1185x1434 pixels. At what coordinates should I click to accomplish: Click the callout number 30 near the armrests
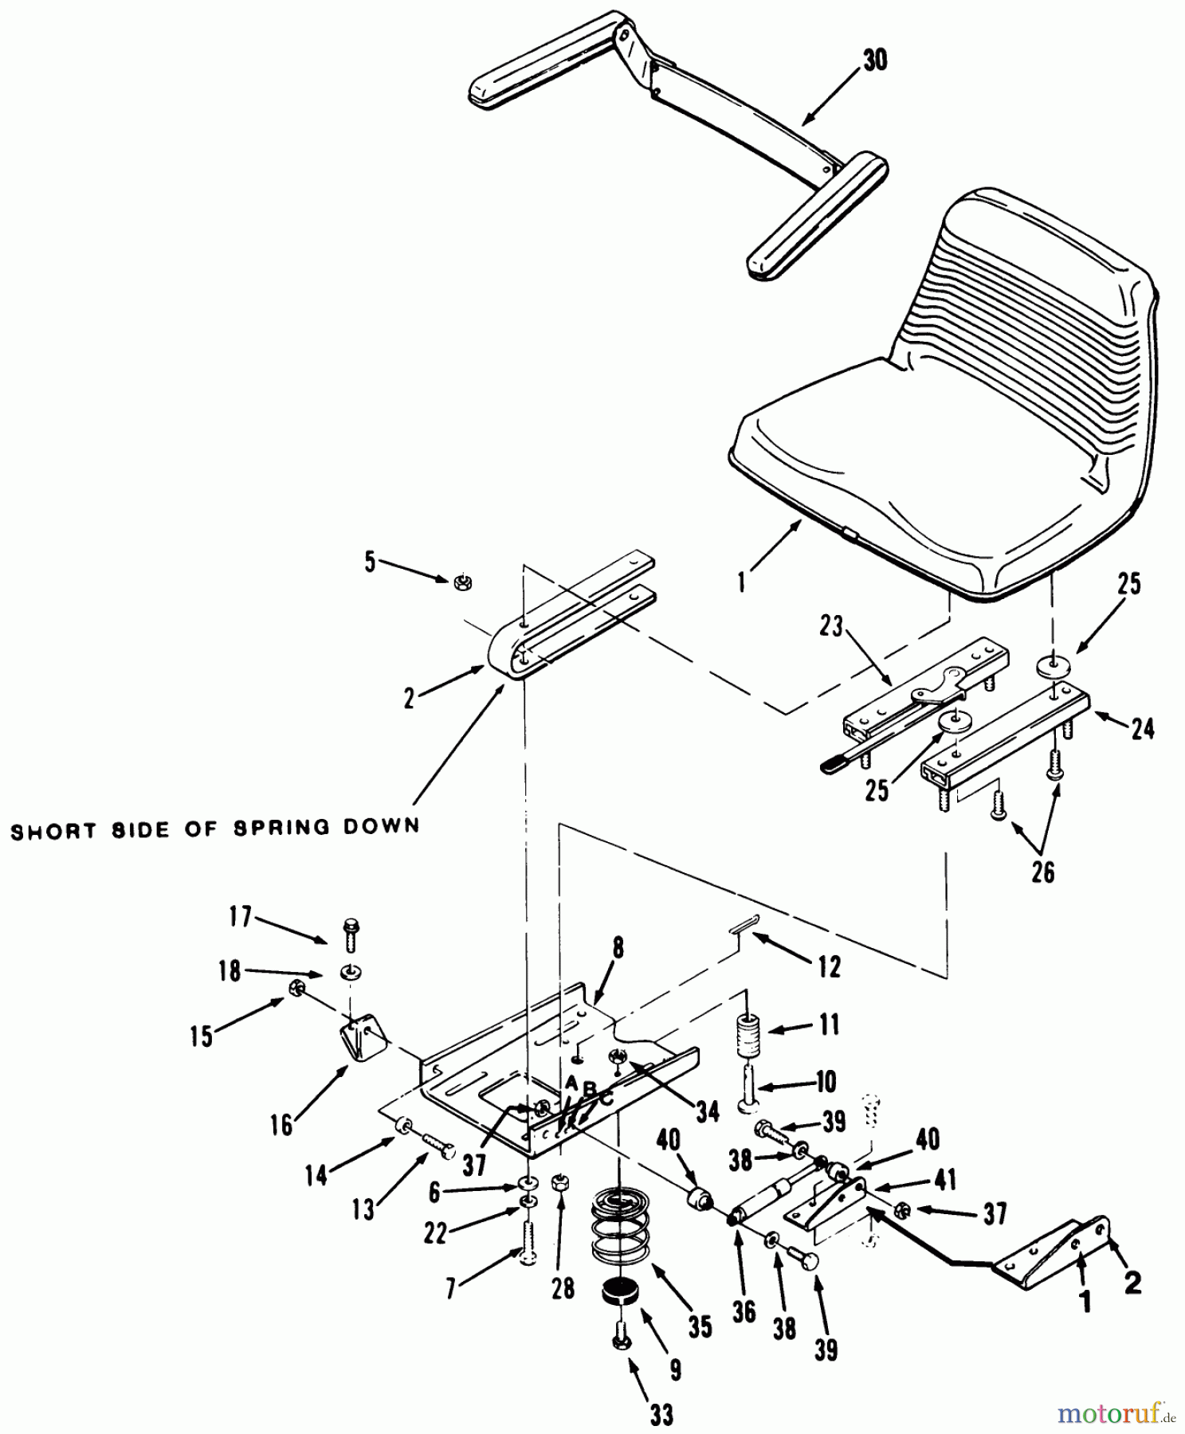(875, 60)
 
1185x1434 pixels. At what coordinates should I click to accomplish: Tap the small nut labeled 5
(460, 583)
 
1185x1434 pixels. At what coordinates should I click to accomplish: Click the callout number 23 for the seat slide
(831, 627)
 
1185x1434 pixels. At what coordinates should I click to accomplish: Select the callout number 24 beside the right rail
(1142, 727)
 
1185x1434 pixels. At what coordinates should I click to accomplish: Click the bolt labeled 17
(350, 935)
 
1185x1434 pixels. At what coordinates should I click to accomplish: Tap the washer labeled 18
(349, 973)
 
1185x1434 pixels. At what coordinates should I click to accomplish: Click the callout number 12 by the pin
(829, 967)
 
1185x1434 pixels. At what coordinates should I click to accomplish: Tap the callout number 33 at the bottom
(661, 1414)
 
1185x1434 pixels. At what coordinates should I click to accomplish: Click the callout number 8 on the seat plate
(618, 947)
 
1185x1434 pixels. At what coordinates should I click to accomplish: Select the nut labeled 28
(559, 1180)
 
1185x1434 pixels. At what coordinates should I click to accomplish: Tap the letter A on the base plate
(571, 1083)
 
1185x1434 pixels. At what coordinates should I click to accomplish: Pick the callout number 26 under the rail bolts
(1042, 872)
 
